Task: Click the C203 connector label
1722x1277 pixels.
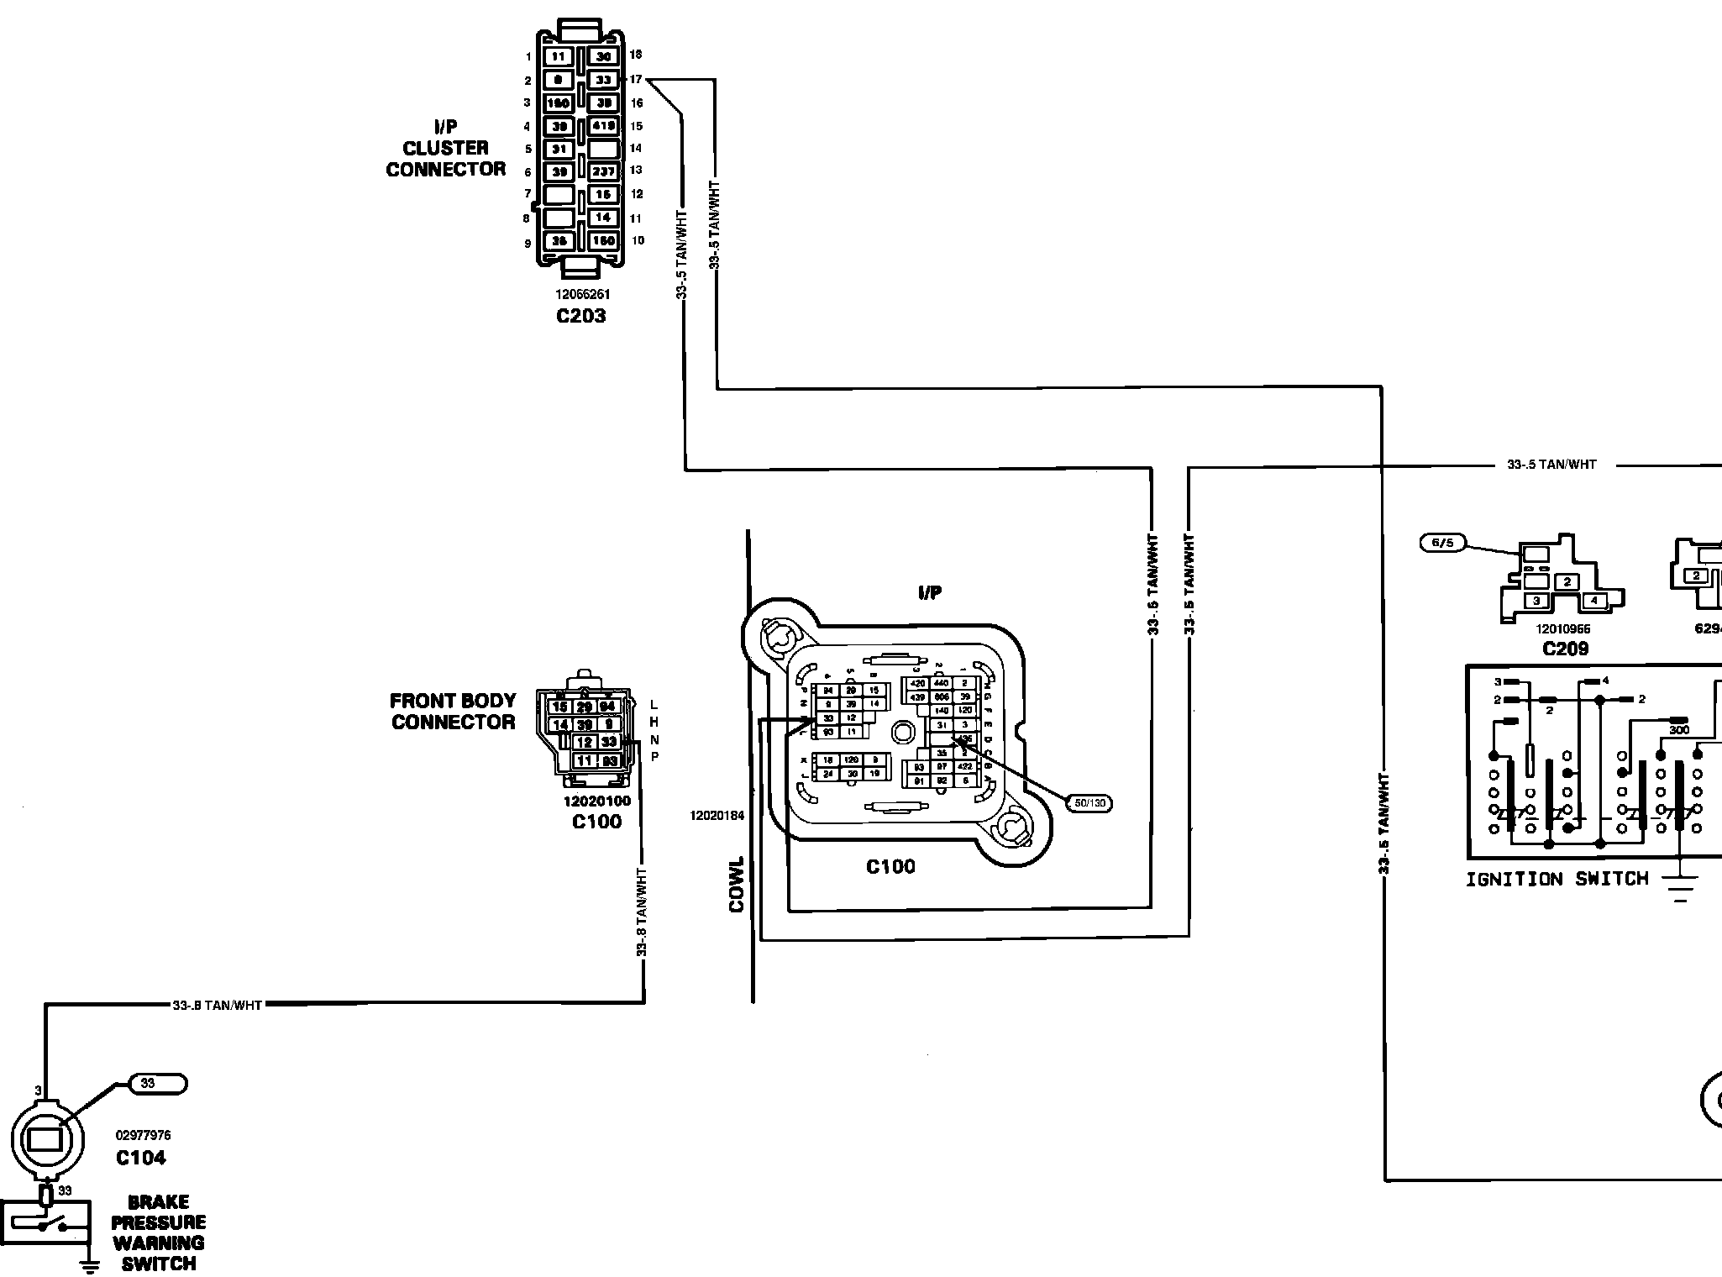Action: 580,316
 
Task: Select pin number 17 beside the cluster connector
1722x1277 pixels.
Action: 636,80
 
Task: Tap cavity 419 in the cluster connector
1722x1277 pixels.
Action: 604,126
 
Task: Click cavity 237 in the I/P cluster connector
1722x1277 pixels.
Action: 604,171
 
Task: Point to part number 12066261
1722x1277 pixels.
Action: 582,295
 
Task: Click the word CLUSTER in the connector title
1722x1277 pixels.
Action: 445,149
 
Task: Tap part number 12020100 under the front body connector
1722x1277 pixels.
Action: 596,801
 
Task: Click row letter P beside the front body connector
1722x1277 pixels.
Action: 655,757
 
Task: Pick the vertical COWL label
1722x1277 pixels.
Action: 737,884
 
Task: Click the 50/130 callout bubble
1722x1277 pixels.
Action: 1089,803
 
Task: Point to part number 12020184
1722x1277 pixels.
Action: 717,816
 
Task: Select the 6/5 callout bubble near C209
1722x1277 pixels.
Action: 1441,543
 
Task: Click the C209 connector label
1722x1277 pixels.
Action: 1566,649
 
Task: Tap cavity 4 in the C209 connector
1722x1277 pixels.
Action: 1593,601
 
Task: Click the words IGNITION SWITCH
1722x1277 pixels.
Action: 1557,880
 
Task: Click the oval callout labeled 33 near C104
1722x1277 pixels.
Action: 158,1084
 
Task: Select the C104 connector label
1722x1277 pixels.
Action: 141,1158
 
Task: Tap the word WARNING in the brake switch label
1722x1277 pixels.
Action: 159,1243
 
